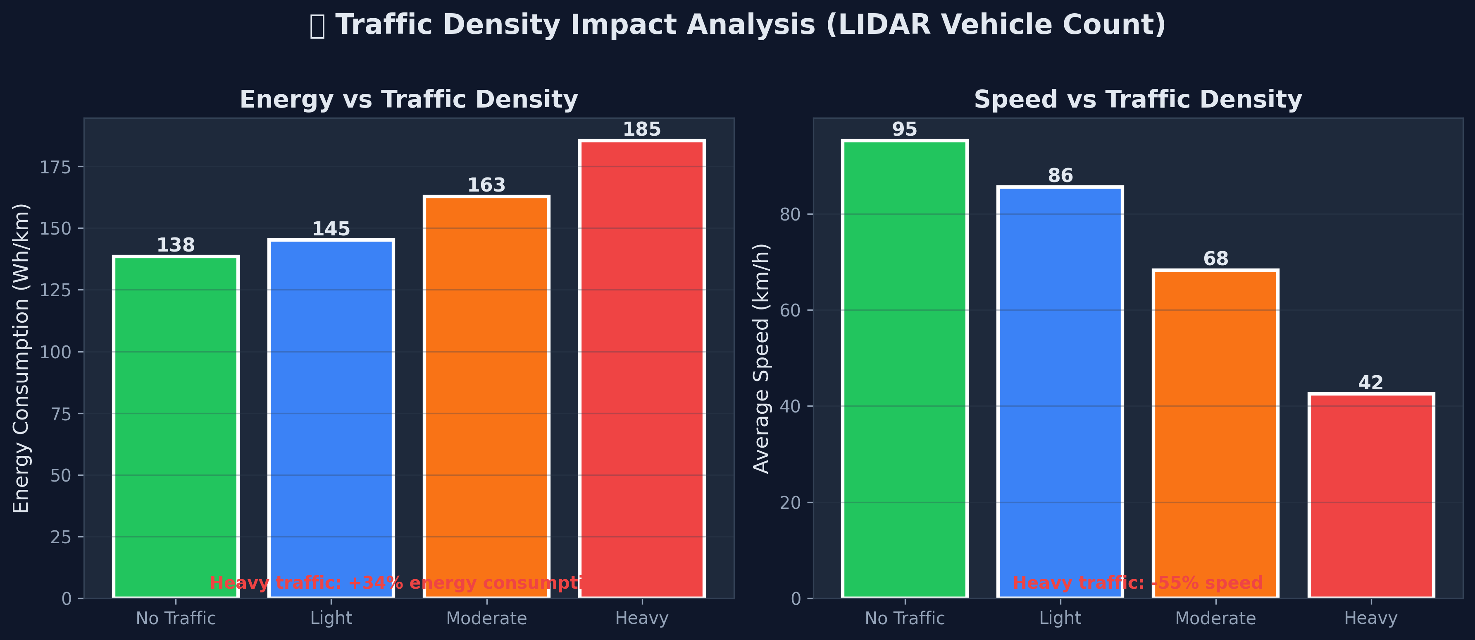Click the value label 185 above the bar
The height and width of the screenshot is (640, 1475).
tap(642, 129)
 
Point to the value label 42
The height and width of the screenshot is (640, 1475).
tap(1371, 383)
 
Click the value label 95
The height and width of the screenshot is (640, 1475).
tap(905, 129)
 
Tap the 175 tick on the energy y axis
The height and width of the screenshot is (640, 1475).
tap(55, 167)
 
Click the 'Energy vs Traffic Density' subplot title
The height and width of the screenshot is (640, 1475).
tap(408, 100)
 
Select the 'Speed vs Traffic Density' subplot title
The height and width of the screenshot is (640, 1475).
tap(1138, 100)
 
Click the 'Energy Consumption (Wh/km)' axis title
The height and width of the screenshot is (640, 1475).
tap(21, 358)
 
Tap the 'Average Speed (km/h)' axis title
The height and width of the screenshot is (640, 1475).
tap(762, 358)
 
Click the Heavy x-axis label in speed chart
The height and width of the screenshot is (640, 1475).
tap(1371, 618)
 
